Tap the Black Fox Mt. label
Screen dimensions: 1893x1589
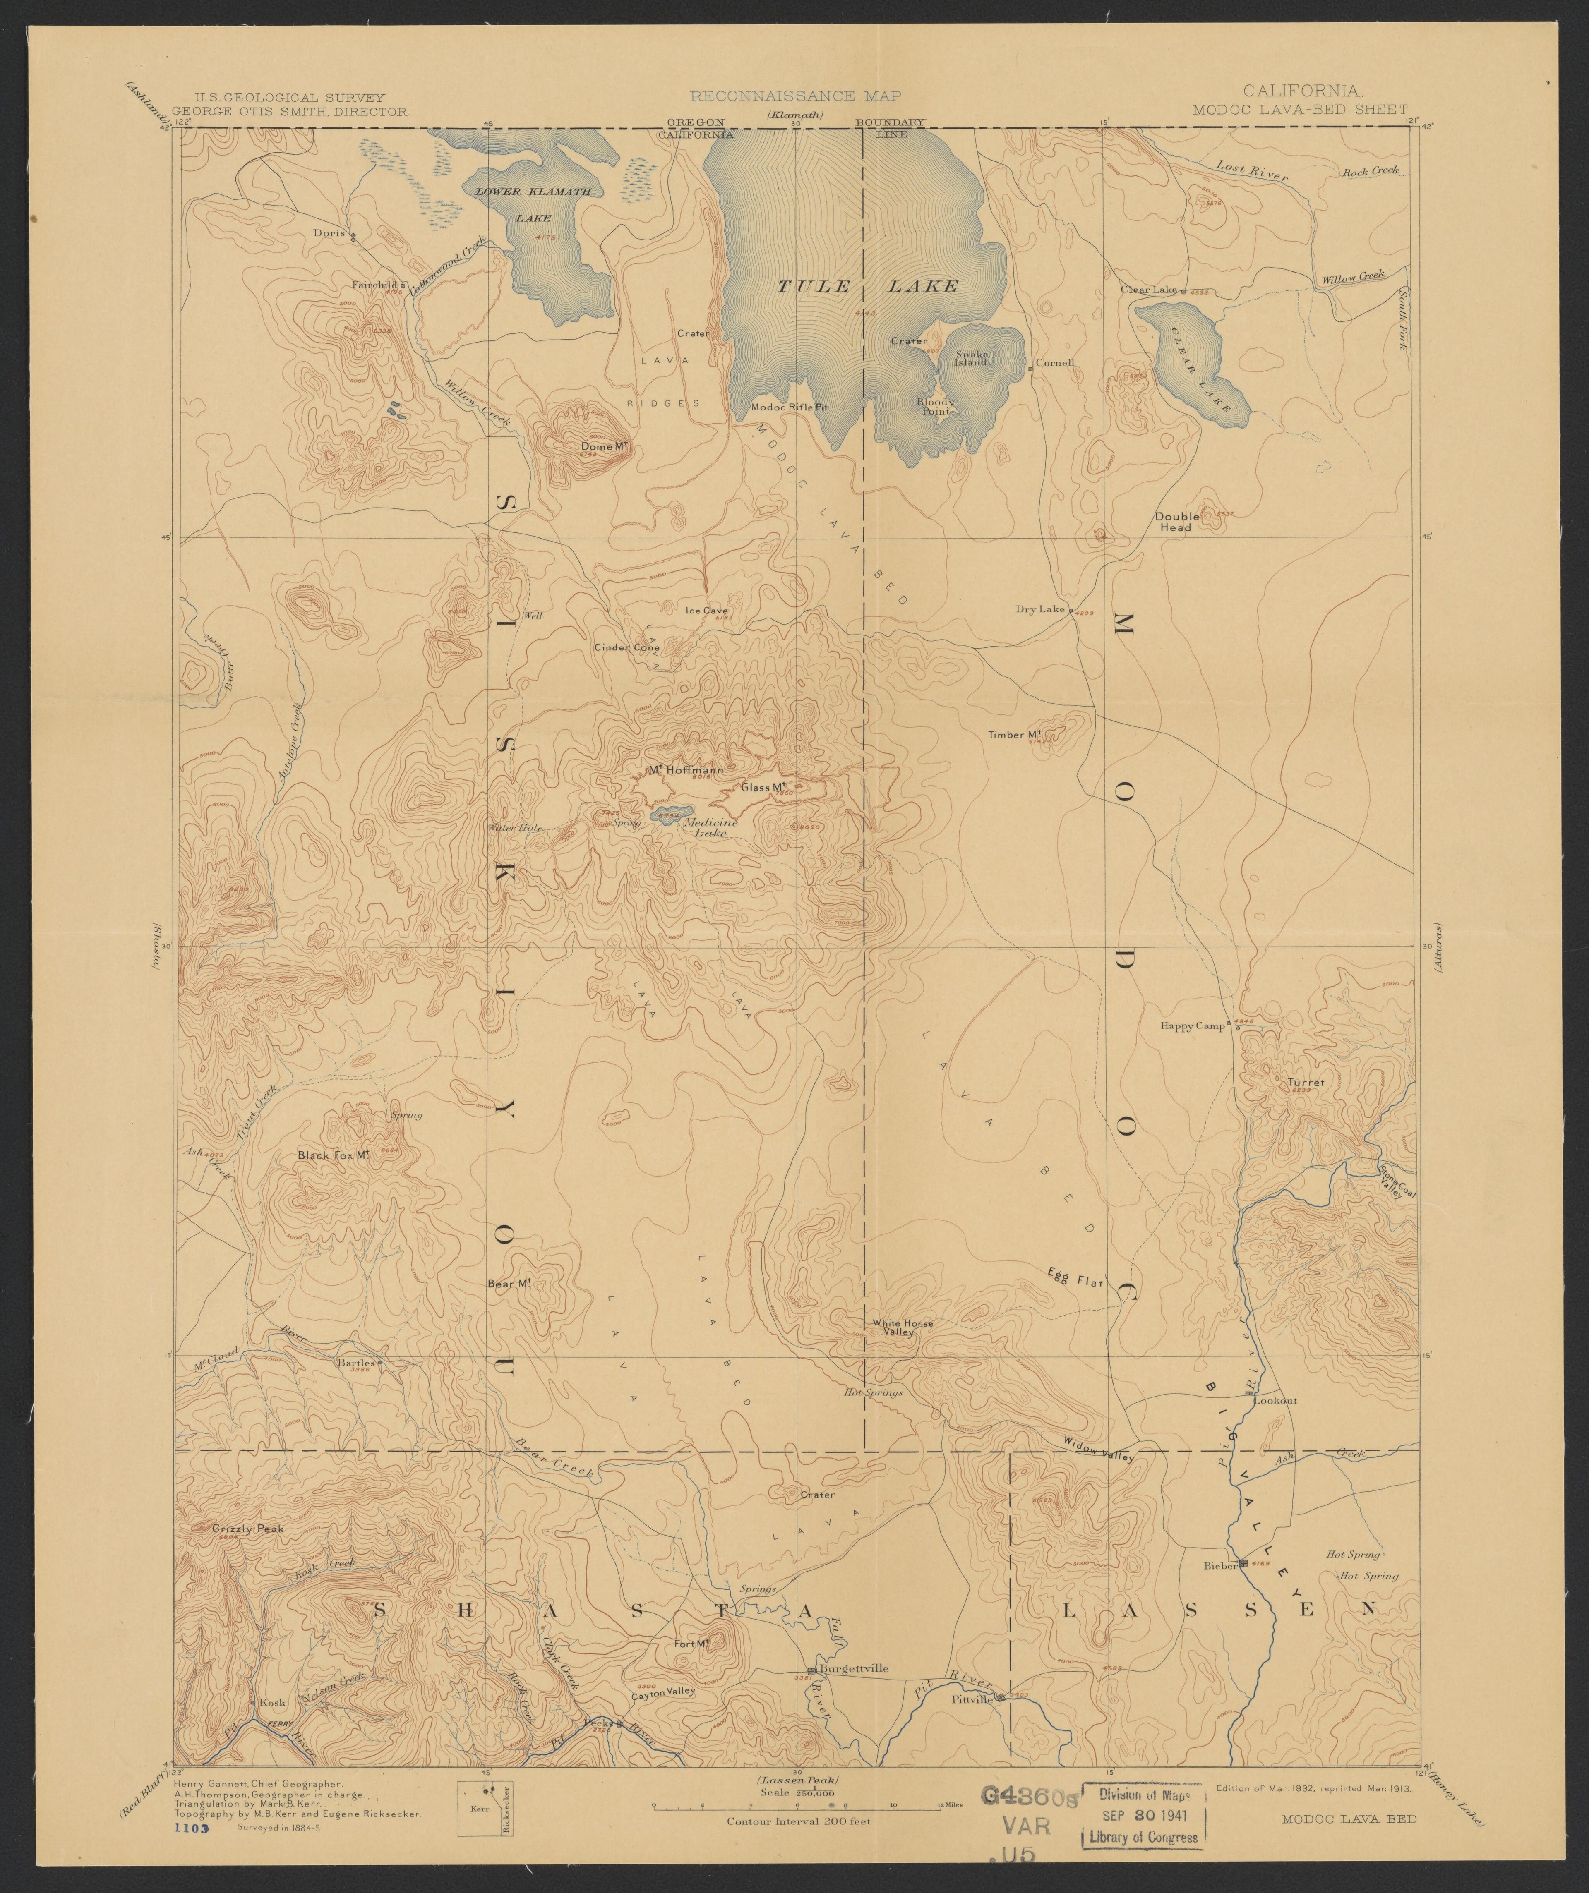point(336,1155)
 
